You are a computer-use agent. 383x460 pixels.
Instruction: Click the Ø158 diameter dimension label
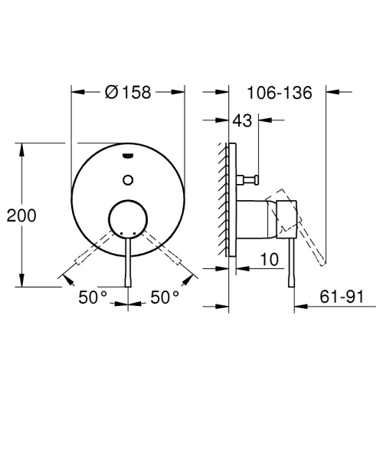point(128,93)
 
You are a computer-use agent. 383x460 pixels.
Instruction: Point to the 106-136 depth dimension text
point(280,93)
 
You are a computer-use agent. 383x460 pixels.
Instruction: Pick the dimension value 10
point(268,260)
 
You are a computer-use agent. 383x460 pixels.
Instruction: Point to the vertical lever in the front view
point(128,261)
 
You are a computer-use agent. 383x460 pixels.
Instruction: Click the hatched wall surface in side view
point(224,199)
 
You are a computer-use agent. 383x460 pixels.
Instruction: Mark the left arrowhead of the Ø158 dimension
point(75,93)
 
